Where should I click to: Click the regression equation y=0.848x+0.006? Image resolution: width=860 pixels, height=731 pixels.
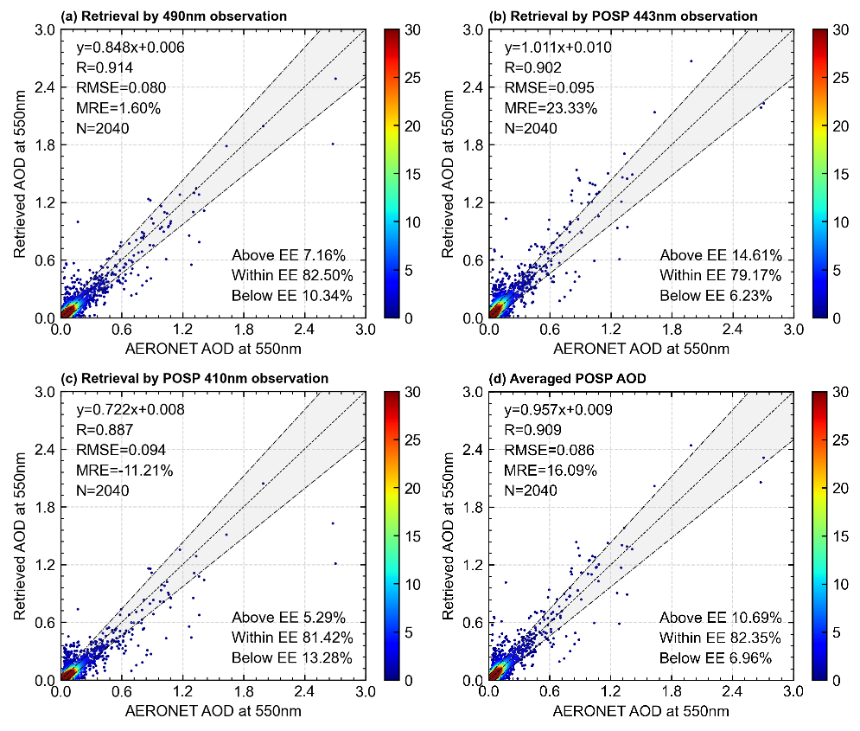coord(130,48)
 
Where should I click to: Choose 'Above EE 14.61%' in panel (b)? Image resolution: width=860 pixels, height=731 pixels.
coord(721,255)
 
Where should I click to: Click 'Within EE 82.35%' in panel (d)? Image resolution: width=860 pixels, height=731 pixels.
coord(721,638)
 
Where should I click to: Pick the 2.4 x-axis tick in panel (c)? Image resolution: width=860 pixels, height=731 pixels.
coord(303,693)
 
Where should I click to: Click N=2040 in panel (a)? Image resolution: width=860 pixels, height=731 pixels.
coord(103,128)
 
